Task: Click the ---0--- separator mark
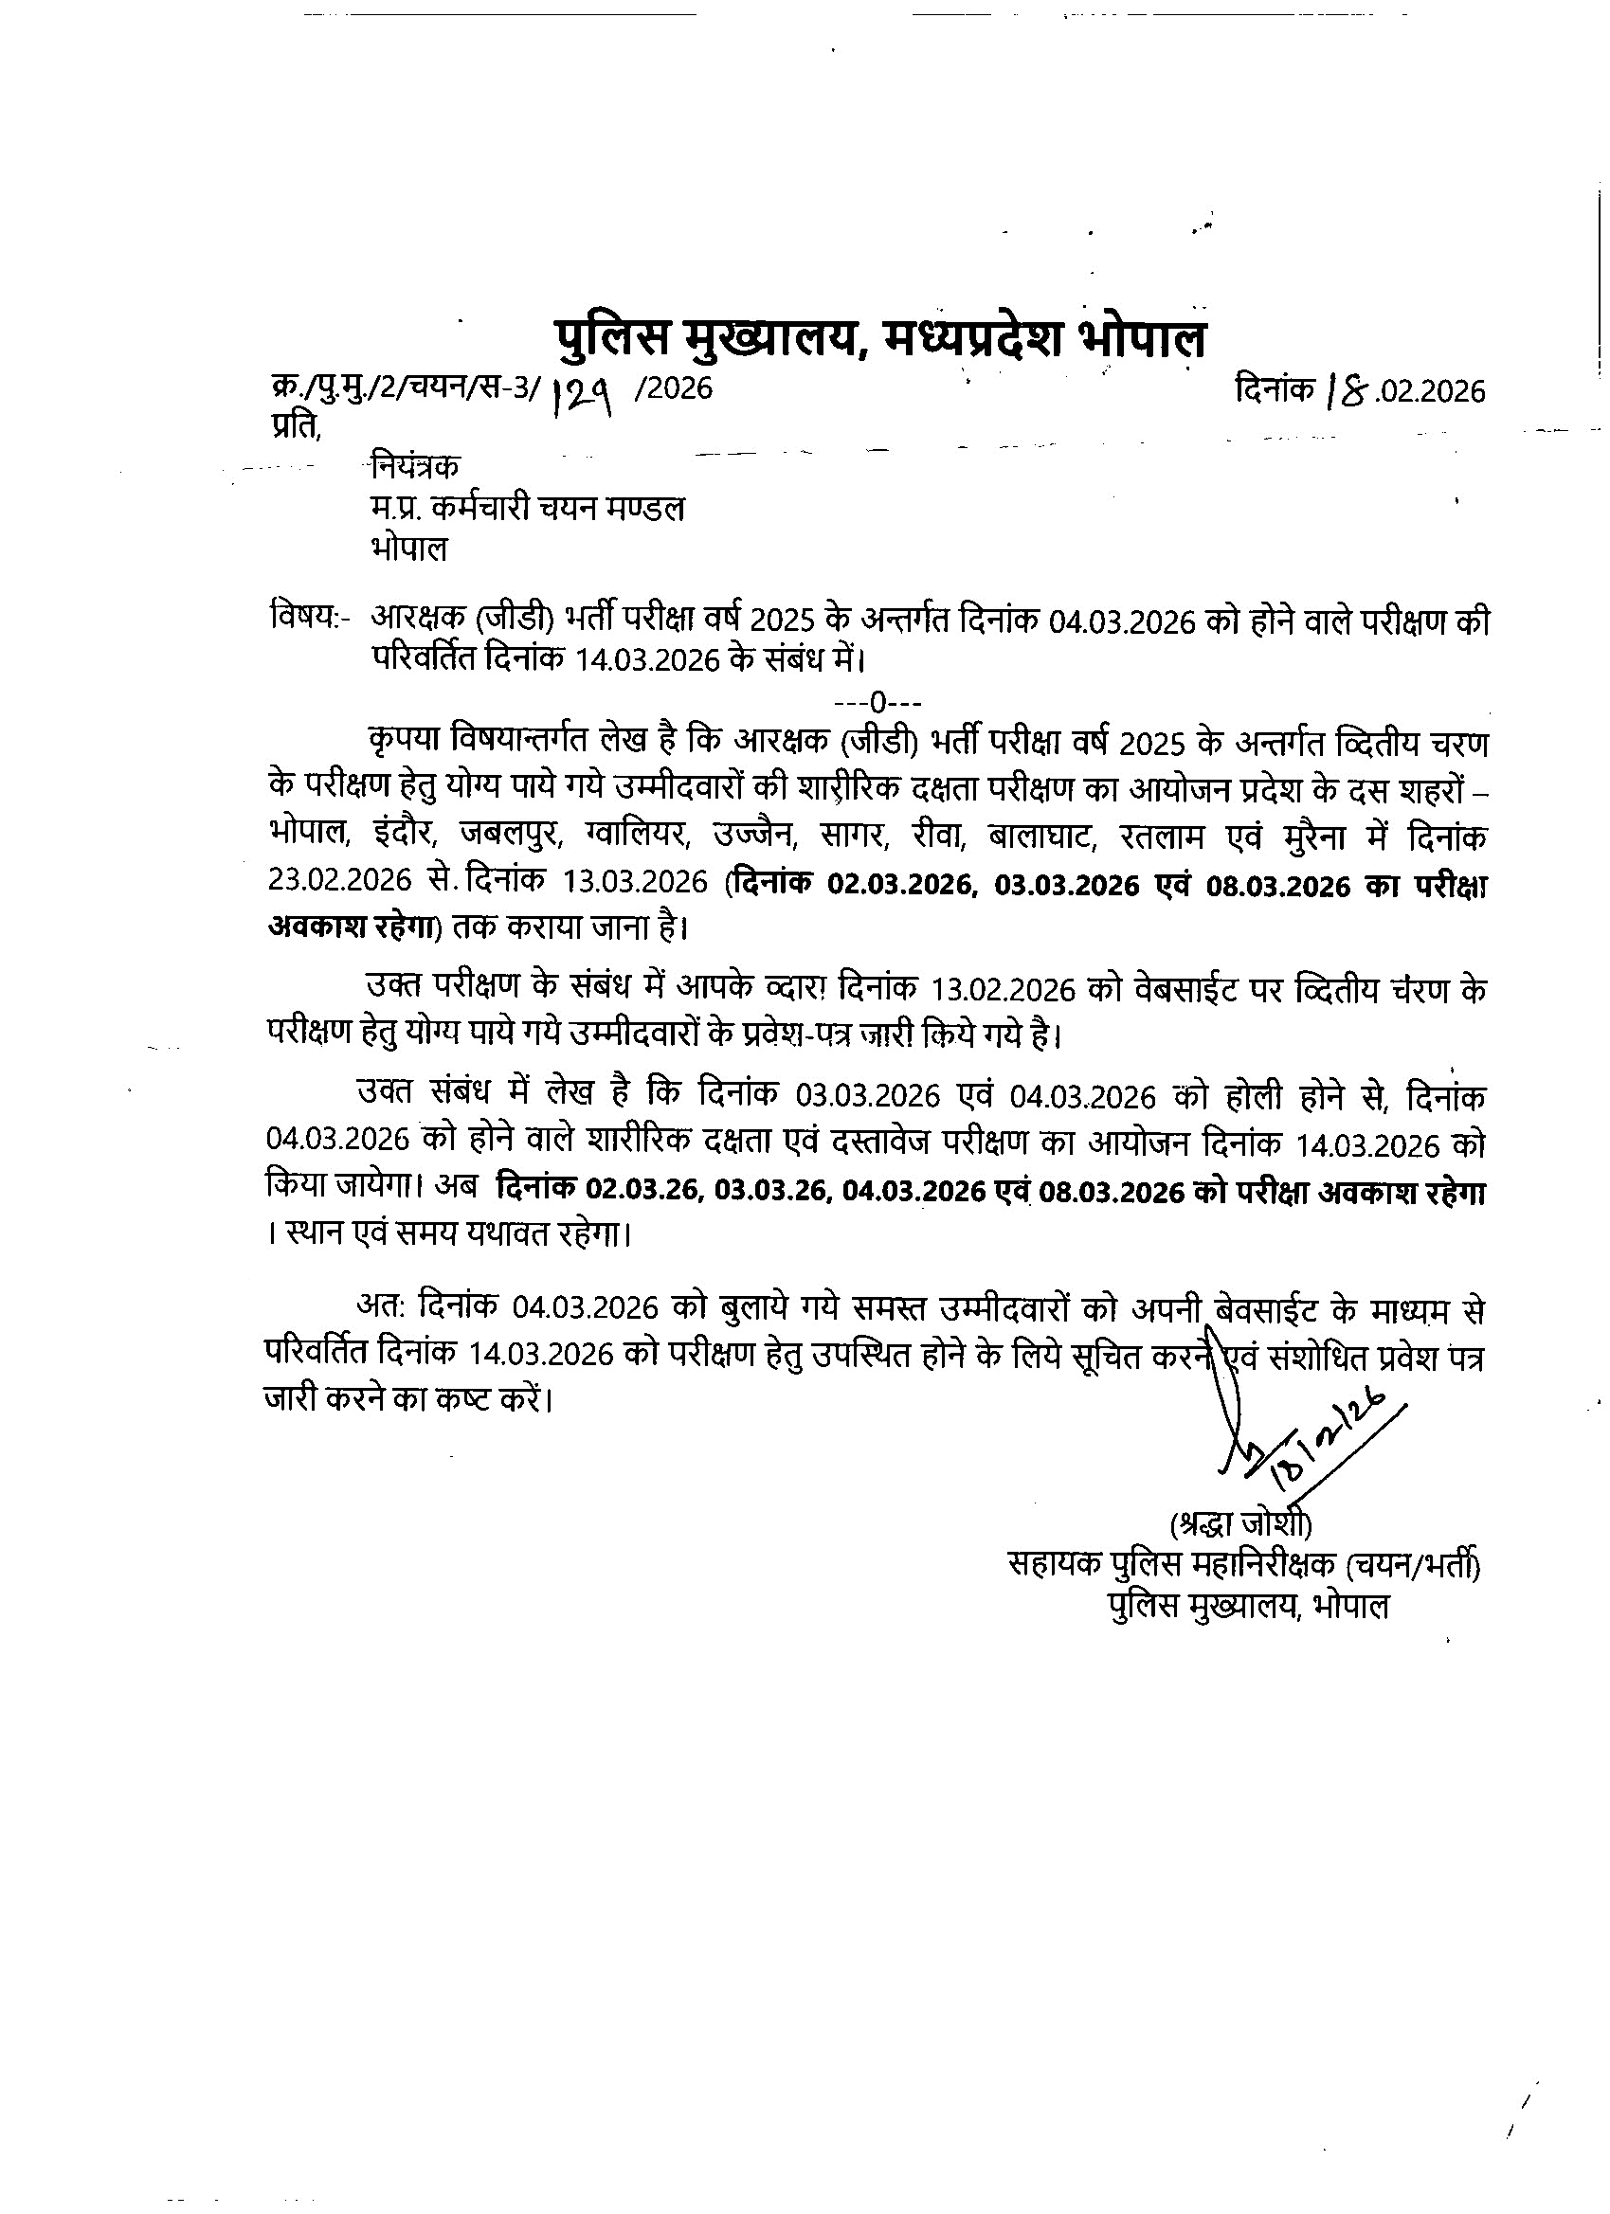click(877, 701)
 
